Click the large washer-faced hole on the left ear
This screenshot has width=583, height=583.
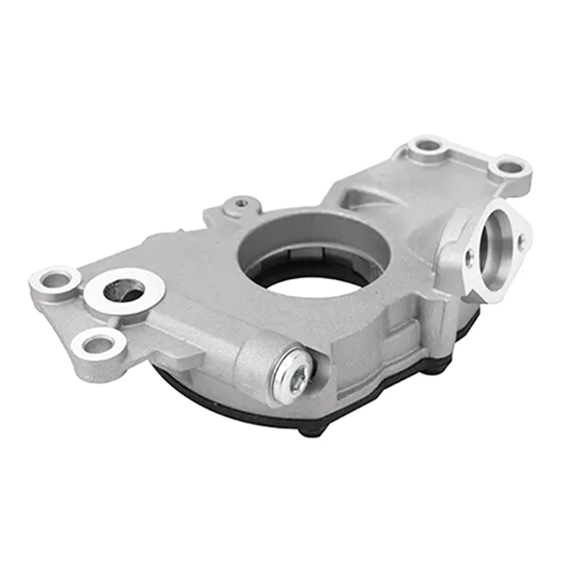[124, 290]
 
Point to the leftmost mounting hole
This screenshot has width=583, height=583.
[55, 278]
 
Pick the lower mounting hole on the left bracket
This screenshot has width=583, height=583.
[98, 345]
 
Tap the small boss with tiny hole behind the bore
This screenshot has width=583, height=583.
[242, 205]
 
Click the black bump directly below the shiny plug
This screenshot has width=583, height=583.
[312, 429]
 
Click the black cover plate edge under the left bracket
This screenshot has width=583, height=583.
[182, 386]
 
